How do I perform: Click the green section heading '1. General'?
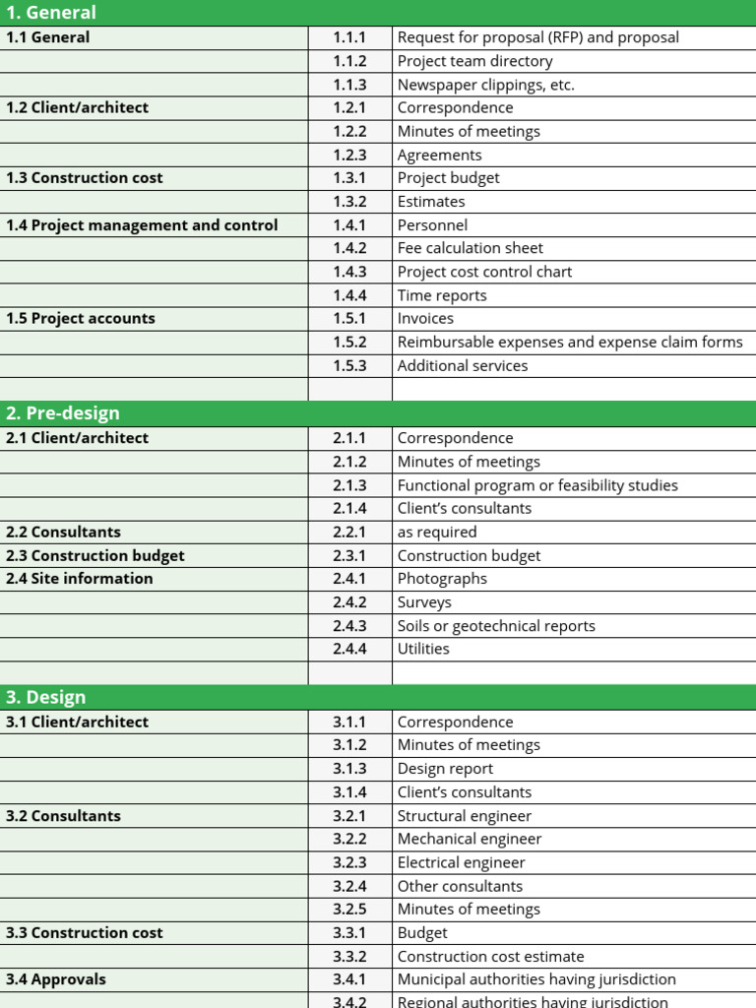[51, 13]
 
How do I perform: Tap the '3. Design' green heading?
[46, 697]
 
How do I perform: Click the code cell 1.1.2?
[349, 61]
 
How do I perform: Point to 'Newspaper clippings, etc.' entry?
[485, 85]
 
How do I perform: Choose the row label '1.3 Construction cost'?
[85, 178]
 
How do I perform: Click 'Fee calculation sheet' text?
[470, 248]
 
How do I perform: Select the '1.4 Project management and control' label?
[142, 225]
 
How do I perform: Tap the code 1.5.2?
[349, 343]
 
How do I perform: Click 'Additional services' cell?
[463, 366]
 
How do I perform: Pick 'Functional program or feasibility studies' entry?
[536, 485]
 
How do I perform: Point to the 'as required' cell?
[437, 533]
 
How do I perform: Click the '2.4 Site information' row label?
[80, 579]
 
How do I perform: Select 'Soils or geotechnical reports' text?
[496, 626]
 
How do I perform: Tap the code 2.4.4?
[349, 650]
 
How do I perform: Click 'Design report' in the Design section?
[445, 769]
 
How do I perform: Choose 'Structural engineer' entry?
[465, 816]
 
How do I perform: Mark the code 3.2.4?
[349, 886]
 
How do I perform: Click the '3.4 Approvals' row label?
[56, 979]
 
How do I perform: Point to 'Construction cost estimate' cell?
[490, 957]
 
